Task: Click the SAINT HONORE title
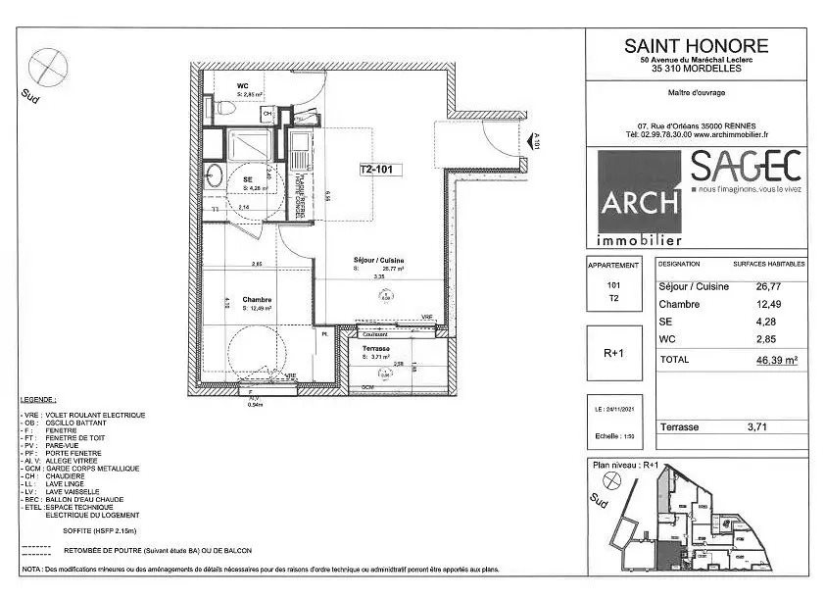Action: pos(697,46)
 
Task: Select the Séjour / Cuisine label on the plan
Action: pos(379,259)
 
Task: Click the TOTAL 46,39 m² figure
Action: pos(773,360)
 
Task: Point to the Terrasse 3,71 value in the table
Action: pos(760,427)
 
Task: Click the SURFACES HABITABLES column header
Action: pos(769,265)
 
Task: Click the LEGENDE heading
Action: pos(38,402)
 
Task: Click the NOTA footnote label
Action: pos(30,569)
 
